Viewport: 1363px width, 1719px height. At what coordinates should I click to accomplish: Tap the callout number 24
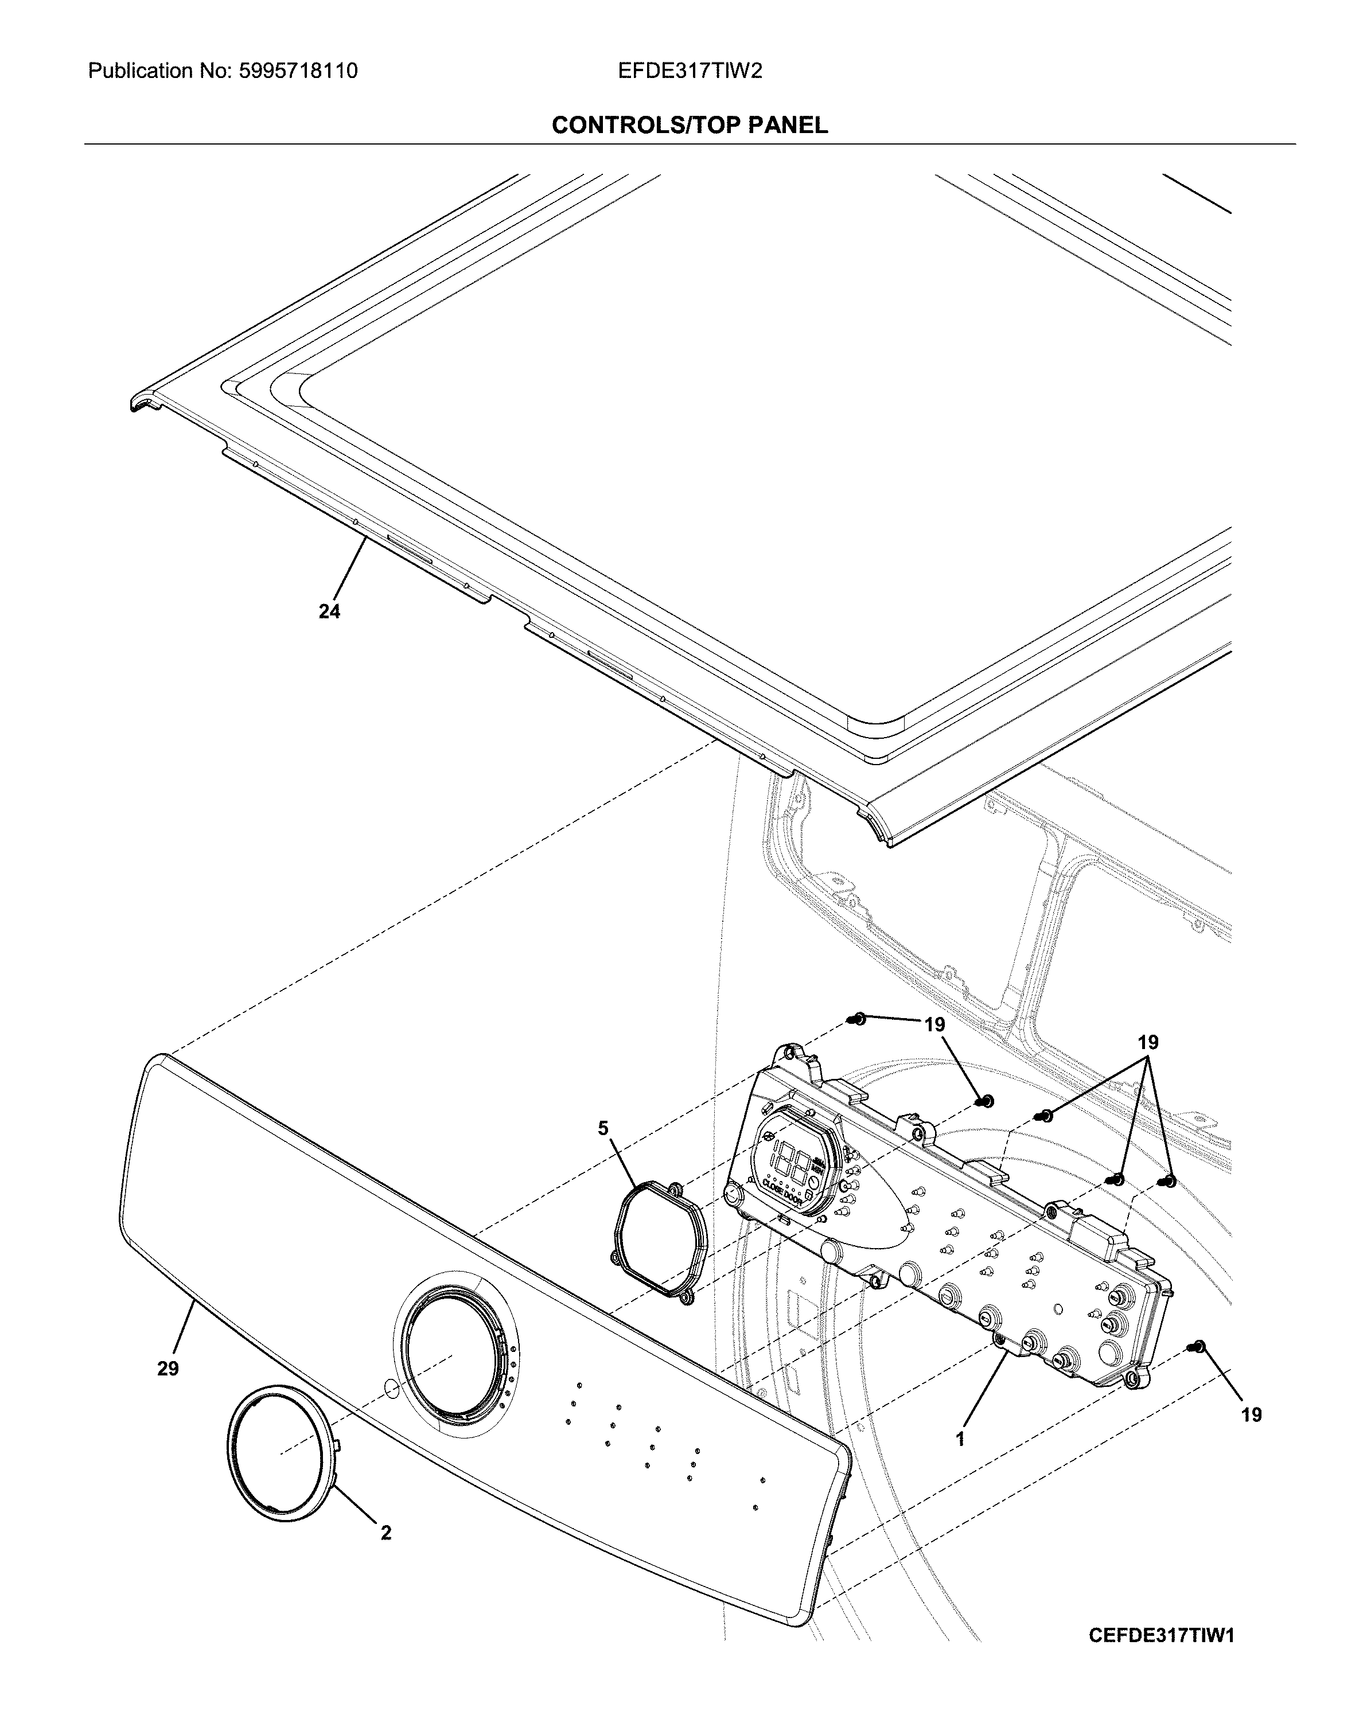coord(329,611)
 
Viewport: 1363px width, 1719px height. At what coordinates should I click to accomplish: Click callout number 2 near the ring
coord(386,1533)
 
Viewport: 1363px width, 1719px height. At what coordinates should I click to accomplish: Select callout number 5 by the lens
coord(603,1128)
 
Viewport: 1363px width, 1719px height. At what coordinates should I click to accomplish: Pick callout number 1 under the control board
coord(960,1439)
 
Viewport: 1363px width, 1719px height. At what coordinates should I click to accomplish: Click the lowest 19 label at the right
coord(1251,1414)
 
